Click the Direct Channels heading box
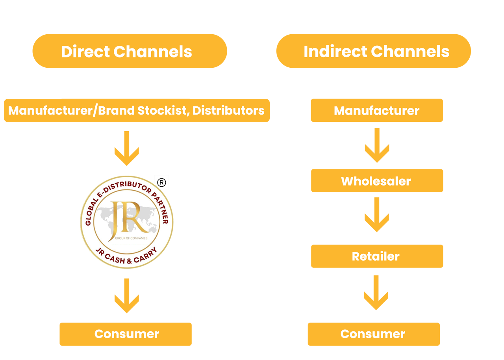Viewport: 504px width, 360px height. pyautogui.click(x=130, y=51)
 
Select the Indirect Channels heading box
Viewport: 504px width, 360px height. pyautogui.click(x=373, y=51)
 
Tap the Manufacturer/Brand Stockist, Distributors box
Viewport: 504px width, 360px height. pyautogui.click(x=137, y=110)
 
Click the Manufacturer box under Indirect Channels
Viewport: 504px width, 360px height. pyautogui.click(x=376, y=110)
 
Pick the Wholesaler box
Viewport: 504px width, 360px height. pyautogui.click(x=377, y=181)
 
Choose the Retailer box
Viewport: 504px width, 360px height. pyautogui.click(x=377, y=256)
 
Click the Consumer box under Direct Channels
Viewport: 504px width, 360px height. pyautogui.click(x=125, y=334)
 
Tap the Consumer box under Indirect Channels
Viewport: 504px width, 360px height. pyautogui.click(x=373, y=334)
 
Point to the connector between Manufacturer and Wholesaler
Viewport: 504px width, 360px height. pyautogui.click(x=377, y=145)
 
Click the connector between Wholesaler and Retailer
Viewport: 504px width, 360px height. pyautogui.click(x=377, y=215)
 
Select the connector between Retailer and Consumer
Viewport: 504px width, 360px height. pyautogui.click(x=376, y=293)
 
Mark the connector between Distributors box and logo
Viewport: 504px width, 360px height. pyautogui.click(x=126, y=148)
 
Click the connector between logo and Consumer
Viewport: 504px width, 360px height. pyautogui.click(x=126, y=296)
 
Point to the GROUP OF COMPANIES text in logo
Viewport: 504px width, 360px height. pyautogui.click(x=132, y=238)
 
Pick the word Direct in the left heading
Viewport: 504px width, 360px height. pyautogui.click(x=85, y=52)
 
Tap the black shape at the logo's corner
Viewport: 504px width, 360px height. pyautogui.click(x=164, y=182)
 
